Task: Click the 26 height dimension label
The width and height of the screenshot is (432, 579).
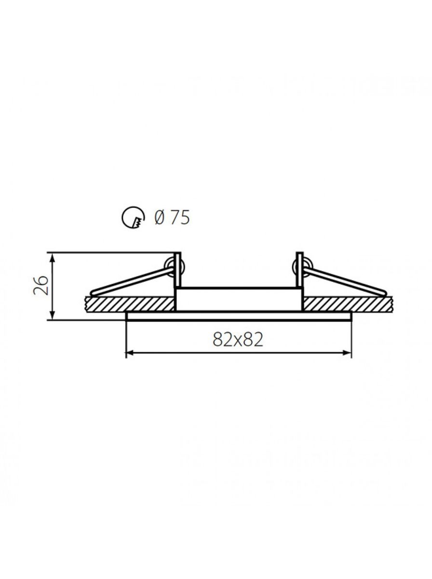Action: [x=40, y=286]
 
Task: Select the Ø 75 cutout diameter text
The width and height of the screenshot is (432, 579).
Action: [x=172, y=218]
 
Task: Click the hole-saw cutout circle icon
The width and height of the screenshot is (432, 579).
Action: [x=133, y=217]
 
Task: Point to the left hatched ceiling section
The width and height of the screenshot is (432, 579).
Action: [x=130, y=304]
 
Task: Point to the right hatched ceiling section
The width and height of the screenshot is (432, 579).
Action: [x=348, y=304]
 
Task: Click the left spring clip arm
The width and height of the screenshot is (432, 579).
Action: [x=132, y=281]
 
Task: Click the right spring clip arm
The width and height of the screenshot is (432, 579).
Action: [x=346, y=281]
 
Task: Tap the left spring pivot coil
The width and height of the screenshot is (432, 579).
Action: [x=174, y=267]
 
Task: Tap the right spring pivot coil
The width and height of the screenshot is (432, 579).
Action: [x=303, y=267]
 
